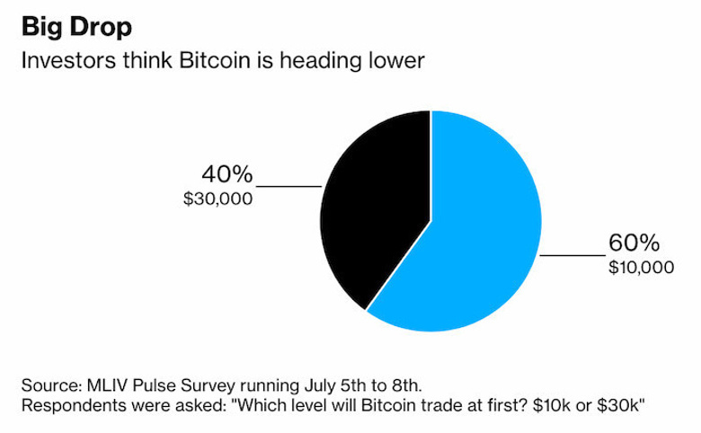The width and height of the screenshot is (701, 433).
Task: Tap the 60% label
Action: (x=634, y=243)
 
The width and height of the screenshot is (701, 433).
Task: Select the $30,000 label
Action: (x=217, y=199)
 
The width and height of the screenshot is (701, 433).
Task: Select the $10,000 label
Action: (x=641, y=267)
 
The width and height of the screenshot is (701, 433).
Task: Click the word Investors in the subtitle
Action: (x=65, y=62)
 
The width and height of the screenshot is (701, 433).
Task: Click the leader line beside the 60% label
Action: (x=570, y=255)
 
